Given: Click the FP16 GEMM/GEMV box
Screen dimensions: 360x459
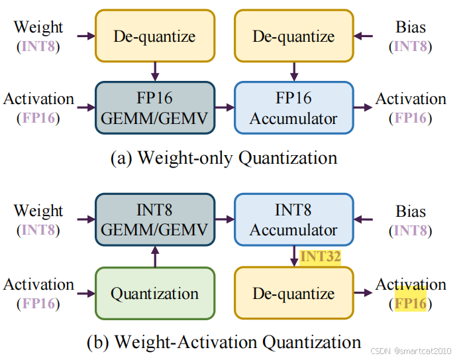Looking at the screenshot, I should coord(156,109).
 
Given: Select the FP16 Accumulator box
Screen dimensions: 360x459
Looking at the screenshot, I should coord(294,109).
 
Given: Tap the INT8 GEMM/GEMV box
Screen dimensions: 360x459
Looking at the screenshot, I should coord(156,221).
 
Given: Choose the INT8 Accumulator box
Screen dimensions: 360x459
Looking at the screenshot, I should coord(294,221).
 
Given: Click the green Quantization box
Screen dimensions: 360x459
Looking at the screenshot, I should coord(156,294).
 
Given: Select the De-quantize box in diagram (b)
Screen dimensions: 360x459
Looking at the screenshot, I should coord(294,294).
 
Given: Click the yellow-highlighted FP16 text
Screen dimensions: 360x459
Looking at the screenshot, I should coord(411,304).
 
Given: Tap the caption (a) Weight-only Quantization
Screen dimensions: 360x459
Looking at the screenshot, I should coord(223,158).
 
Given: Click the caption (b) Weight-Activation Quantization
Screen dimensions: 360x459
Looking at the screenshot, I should coord(224,342).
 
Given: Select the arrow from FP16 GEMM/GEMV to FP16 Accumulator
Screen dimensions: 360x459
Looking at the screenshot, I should coord(225,106).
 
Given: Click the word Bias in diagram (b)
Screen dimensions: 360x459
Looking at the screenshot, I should coord(411,211).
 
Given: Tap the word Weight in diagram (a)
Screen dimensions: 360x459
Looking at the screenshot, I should coord(38,27).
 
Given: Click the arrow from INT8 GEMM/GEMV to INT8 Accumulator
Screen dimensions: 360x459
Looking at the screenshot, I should coord(225,217).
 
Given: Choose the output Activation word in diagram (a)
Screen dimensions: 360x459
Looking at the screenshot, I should coord(411,99).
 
